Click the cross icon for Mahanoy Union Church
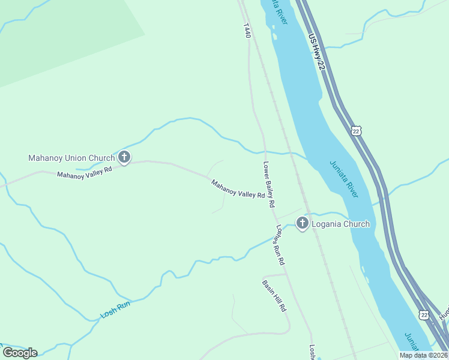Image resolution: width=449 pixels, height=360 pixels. [x=124, y=158]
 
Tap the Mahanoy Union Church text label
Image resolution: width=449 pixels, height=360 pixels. [x=71, y=158]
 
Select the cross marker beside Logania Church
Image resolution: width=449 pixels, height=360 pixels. [x=302, y=224]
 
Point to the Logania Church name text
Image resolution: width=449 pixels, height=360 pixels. [x=340, y=224]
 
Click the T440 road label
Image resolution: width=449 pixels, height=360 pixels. [x=246, y=31]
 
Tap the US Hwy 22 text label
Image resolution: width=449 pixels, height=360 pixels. [x=316, y=55]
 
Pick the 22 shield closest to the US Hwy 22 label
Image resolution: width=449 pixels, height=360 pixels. [x=357, y=131]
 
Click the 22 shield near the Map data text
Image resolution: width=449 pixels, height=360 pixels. [x=424, y=314]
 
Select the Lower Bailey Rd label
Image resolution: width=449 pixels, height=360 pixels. [x=269, y=184]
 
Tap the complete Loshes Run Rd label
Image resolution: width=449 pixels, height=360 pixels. [x=280, y=245]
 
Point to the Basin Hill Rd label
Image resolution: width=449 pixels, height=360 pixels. [x=274, y=295]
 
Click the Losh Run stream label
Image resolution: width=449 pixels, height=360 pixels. [x=115, y=309]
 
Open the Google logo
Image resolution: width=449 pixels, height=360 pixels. [x=20, y=352]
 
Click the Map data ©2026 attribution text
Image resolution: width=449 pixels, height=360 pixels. [x=423, y=355]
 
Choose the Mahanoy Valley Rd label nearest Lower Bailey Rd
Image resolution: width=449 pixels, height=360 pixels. [x=238, y=188]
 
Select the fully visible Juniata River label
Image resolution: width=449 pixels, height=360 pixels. [x=344, y=179]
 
